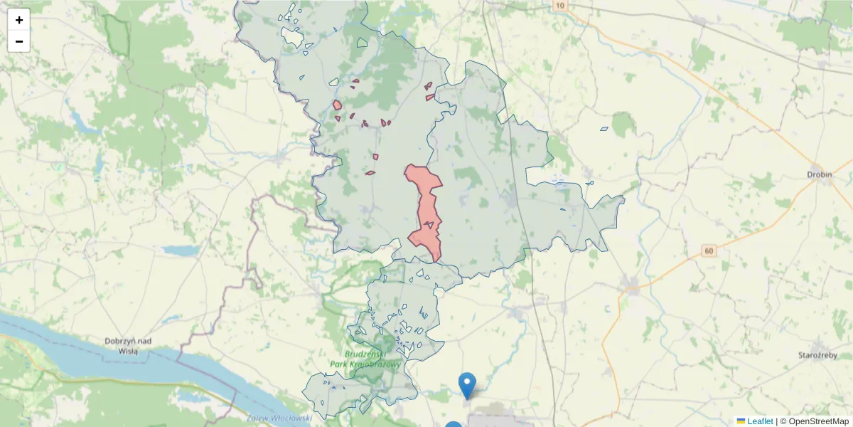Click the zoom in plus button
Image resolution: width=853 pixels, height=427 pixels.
point(19,20)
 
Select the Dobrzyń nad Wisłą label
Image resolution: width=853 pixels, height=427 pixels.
point(128,345)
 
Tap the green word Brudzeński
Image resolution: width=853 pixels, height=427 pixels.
point(365,354)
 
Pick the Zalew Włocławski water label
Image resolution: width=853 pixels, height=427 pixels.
point(279,418)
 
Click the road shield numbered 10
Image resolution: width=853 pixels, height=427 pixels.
point(561,6)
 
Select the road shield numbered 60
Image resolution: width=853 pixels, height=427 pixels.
point(708,251)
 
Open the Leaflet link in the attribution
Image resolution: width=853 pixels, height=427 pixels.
point(760,421)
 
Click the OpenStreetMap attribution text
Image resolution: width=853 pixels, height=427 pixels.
point(814,421)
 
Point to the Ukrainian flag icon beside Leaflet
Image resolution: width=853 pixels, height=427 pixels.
point(741,421)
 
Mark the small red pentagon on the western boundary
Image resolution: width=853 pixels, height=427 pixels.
point(337,105)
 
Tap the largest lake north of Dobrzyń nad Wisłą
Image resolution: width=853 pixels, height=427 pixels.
point(181,251)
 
